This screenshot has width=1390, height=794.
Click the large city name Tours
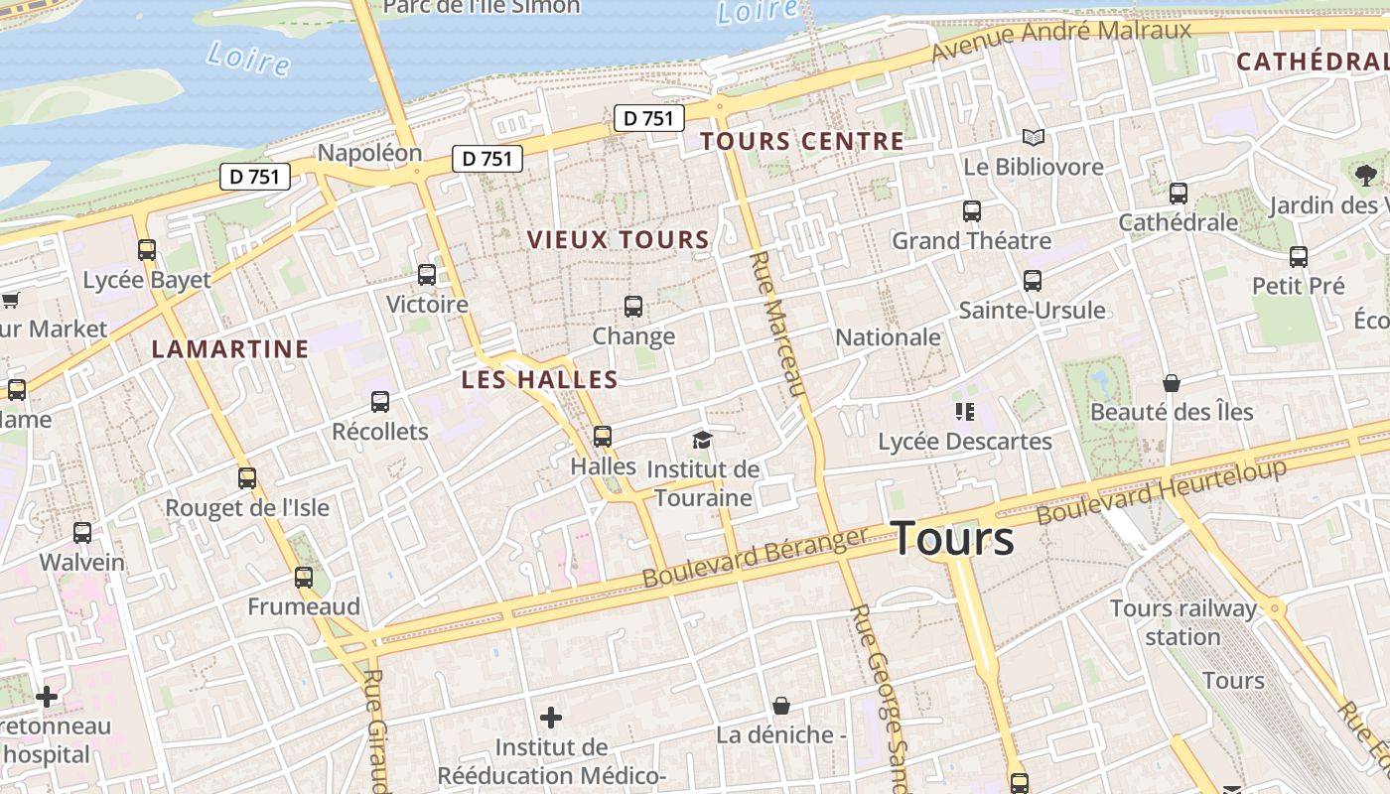pos(953,539)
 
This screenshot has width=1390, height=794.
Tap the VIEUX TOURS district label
pos(619,240)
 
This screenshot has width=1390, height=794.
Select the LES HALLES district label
pos(539,379)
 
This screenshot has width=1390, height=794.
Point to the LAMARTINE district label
pos(230,349)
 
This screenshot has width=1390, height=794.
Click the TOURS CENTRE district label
pos(802,141)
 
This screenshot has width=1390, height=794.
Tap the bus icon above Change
pos(633,307)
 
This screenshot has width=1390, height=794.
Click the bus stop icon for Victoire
pos(427,275)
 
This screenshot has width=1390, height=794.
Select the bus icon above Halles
pos(603,436)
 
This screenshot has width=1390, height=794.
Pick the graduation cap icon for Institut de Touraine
pos(703,440)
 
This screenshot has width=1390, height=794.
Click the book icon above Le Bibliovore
pos(1034,137)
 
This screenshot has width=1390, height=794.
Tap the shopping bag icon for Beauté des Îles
pos(1172,383)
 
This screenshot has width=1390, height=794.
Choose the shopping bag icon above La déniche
pos(781,706)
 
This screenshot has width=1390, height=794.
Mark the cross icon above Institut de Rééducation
pos(551,717)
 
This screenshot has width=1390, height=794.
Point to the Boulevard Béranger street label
pos(756,557)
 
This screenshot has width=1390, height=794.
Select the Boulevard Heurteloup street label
pos(1162,491)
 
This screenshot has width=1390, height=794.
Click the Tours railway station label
pos(1182,622)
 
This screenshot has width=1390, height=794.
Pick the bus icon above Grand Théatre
pos(971,210)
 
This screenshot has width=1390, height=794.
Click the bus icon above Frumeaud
pos(304,577)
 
